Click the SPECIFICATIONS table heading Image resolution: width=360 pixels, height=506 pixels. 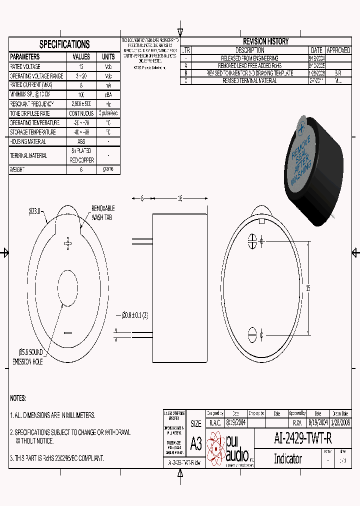[x=64, y=44]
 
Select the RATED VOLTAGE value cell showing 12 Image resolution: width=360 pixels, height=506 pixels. [x=81, y=66]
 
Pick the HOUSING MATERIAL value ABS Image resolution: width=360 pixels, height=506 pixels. [x=81, y=142]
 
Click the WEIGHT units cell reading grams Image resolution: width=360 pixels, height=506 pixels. [x=108, y=169]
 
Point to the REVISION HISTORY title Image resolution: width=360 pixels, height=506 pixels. [x=265, y=41]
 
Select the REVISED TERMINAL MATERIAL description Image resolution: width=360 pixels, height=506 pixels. [x=249, y=80]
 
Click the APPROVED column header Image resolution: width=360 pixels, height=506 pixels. [x=338, y=50]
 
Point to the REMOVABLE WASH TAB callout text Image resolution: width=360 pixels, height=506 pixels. [x=103, y=212]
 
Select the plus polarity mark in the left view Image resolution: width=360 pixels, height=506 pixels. [x=68, y=243]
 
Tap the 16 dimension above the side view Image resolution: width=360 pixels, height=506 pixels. [x=180, y=198]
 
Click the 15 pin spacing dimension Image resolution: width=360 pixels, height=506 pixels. [x=308, y=287]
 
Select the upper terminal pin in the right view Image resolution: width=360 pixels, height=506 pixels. [x=252, y=241]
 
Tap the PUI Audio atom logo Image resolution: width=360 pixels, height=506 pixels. [x=216, y=446]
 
